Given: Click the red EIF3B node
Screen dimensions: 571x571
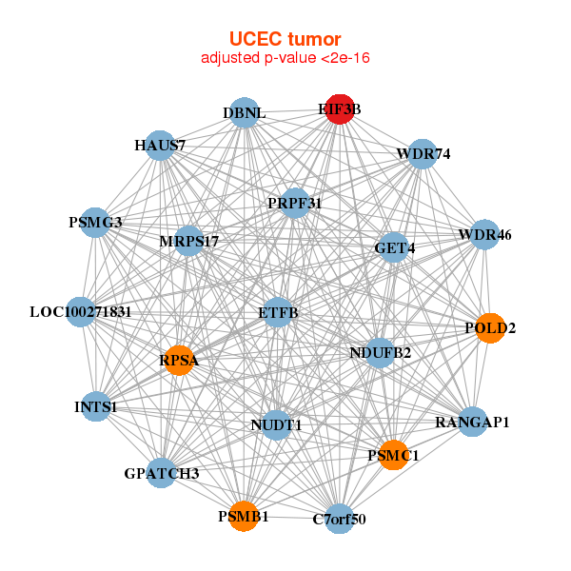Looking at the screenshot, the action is (x=340, y=109).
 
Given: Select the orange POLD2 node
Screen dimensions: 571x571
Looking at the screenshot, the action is (x=489, y=328).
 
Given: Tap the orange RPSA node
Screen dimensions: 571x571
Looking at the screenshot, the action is (x=179, y=361).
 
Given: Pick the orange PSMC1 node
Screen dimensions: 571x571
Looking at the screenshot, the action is (x=393, y=456).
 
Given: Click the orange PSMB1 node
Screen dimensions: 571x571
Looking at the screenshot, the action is (x=244, y=516).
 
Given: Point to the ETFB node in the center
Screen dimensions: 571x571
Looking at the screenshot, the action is (x=277, y=312).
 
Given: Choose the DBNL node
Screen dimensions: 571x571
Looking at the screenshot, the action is (x=245, y=113).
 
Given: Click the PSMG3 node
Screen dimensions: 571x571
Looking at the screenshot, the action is (x=95, y=223).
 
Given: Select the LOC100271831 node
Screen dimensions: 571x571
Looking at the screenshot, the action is (x=81, y=311).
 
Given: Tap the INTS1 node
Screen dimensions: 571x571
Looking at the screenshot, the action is (x=95, y=407).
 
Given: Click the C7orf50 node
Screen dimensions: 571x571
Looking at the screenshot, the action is (x=339, y=519).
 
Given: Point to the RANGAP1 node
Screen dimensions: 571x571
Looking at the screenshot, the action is (x=473, y=421).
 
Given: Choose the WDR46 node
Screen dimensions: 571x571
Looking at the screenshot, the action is (x=485, y=234).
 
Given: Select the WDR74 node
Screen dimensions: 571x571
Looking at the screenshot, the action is (x=423, y=153).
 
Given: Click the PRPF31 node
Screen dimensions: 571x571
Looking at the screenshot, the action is (x=295, y=203).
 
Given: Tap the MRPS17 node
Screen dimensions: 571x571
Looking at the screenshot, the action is (x=189, y=241).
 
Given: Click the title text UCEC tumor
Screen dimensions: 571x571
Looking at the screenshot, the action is (x=285, y=39).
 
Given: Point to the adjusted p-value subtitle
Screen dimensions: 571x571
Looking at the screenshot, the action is (x=285, y=58).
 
